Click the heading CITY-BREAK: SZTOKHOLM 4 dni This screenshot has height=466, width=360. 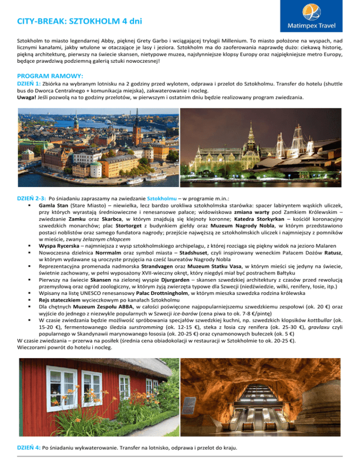tap(77, 22)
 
